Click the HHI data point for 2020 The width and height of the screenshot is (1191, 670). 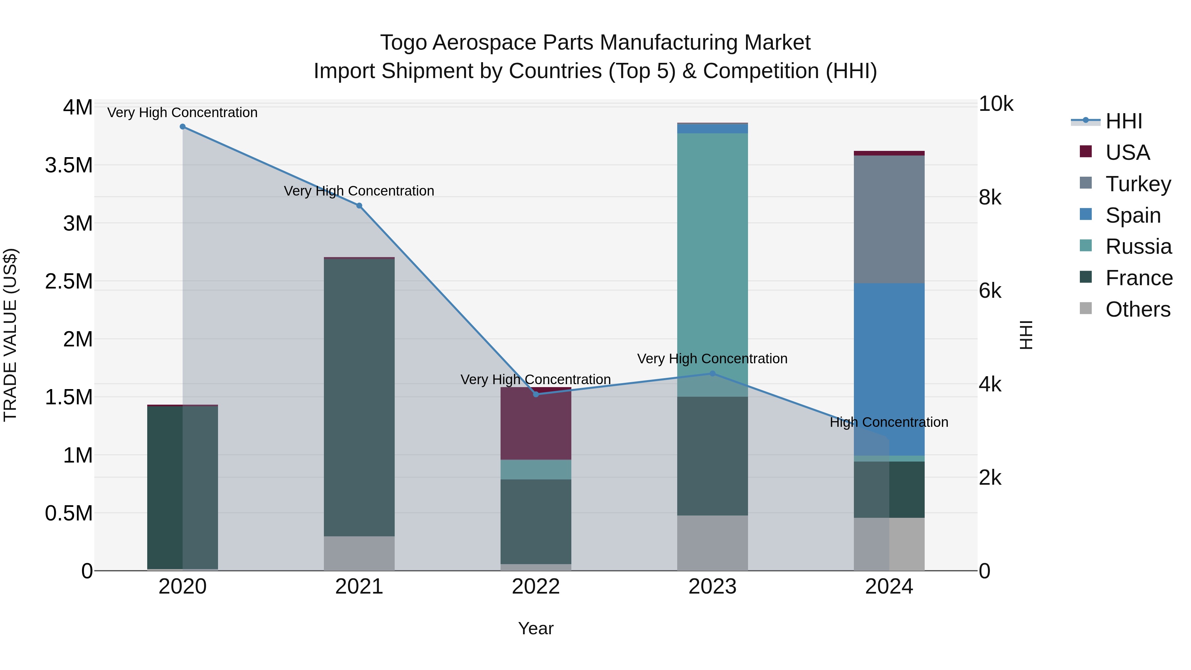(x=183, y=127)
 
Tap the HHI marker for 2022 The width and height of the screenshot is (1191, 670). (x=536, y=394)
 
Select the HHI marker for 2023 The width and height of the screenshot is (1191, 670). (x=713, y=374)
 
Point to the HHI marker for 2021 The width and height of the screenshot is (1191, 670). (x=359, y=206)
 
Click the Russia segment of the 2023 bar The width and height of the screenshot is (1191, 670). (x=713, y=264)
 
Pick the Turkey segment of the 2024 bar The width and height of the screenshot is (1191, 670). (x=889, y=220)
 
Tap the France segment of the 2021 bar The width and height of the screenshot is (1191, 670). (x=359, y=398)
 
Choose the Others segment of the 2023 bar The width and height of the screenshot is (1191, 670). (x=713, y=543)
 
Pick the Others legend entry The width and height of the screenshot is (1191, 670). (x=1137, y=309)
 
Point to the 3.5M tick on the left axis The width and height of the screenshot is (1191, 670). (x=69, y=165)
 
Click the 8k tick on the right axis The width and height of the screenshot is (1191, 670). (x=990, y=198)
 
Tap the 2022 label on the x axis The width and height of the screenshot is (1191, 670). (x=536, y=587)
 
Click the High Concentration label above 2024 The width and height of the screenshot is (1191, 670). (x=889, y=422)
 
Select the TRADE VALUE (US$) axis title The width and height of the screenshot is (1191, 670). (x=10, y=335)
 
